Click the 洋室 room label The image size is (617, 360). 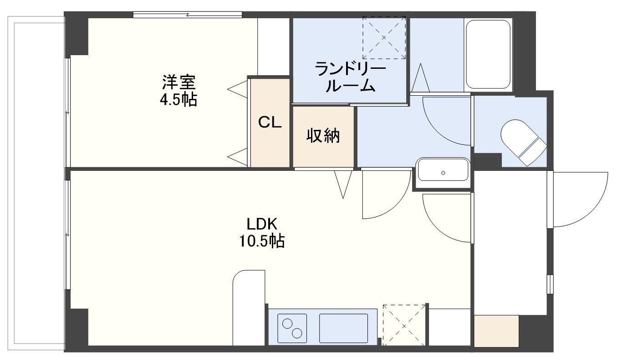(x=179, y=82)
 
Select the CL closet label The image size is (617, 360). (x=270, y=122)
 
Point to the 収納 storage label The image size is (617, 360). (x=323, y=135)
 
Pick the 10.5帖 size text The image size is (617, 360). (x=262, y=241)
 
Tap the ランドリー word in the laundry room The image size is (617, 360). (x=350, y=69)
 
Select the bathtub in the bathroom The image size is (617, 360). (x=488, y=54)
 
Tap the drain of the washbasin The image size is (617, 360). (x=443, y=173)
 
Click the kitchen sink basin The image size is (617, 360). (x=343, y=328)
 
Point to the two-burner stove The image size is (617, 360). (x=292, y=328)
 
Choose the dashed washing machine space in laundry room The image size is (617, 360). (x=384, y=37)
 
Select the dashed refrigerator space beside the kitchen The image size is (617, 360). (x=404, y=325)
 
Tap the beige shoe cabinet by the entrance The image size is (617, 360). (x=496, y=331)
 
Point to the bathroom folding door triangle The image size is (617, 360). (x=420, y=78)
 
